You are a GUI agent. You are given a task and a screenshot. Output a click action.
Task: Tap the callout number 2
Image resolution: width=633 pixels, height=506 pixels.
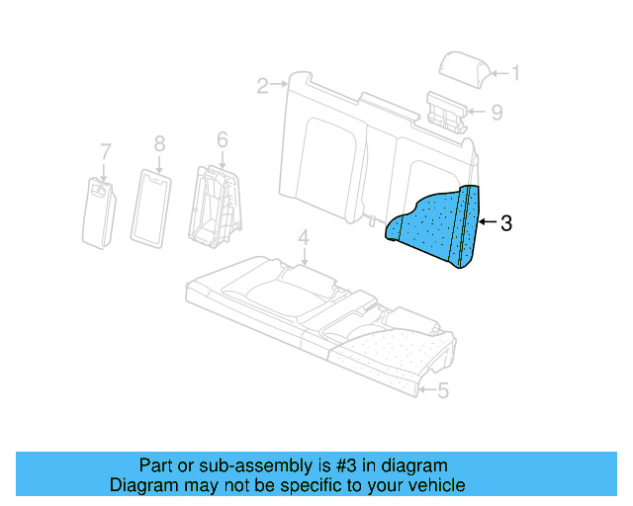261,87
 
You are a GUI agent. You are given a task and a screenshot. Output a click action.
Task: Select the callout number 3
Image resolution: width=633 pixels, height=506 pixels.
505,223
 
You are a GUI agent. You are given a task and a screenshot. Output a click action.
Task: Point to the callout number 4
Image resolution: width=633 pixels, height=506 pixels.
304,237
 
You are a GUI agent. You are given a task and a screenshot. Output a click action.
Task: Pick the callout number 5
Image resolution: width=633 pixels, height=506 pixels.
442,391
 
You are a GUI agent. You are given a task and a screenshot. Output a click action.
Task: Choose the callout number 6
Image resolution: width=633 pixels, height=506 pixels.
222,139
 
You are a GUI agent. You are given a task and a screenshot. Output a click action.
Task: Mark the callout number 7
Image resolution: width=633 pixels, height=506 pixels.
105,150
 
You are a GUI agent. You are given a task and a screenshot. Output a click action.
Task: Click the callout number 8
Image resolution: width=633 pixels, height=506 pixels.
159,143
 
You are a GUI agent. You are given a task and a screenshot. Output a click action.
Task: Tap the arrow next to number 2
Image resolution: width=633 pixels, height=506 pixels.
281,87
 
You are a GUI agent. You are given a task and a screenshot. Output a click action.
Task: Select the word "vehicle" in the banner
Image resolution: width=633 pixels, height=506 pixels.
432,485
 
